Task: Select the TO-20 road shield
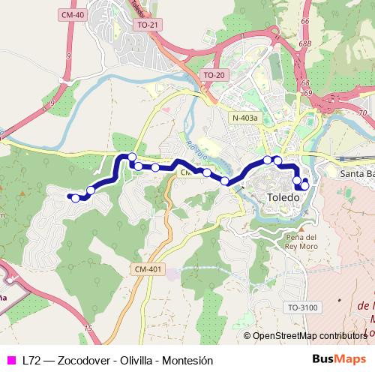[214, 75]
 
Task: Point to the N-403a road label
[244, 118]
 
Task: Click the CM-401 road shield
[148, 268]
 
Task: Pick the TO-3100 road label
[302, 307]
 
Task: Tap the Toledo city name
[283, 197]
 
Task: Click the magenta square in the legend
[10, 360]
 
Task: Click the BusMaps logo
[338, 359]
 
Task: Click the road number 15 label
[88, 328]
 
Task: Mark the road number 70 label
[361, 112]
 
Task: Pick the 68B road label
[304, 44]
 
